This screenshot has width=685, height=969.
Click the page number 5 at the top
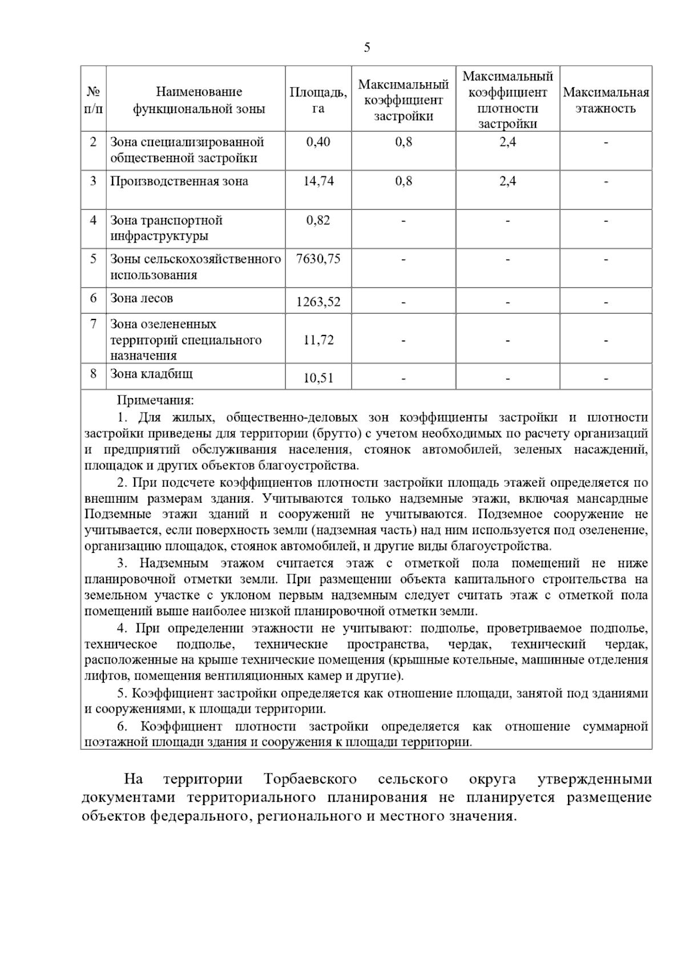point(366,47)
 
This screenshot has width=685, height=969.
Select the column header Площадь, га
point(318,100)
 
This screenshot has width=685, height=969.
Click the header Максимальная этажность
point(606,100)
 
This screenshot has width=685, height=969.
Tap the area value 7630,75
point(318,259)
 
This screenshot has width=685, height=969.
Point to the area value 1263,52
point(318,302)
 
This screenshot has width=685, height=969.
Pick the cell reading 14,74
point(318,181)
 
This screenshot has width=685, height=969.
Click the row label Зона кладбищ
point(151,374)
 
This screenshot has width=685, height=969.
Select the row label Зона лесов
point(141,298)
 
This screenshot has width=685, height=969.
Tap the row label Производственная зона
point(179,181)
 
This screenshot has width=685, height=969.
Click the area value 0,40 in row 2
point(318,142)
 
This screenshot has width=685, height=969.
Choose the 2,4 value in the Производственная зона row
point(507,181)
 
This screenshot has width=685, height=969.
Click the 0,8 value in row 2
point(403,142)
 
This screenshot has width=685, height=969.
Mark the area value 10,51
point(318,378)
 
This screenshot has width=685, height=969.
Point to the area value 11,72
point(318,340)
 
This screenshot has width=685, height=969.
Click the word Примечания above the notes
point(155,401)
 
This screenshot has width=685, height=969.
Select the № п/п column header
point(93,100)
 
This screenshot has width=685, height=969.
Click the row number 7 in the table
point(93,324)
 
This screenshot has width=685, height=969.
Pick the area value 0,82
point(318,220)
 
